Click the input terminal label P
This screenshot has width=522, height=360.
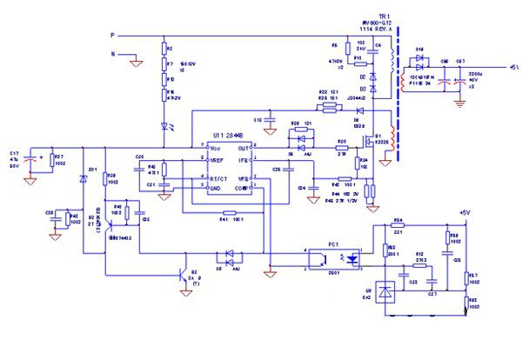pyautogui.click(x=111, y=36)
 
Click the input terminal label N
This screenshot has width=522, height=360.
pyautogui.click(x=111, y=54)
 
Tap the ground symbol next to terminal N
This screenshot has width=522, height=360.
pyautogui.click(x=136, y=62)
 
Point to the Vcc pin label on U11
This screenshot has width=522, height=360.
pyautogui.click(x=216, y=149)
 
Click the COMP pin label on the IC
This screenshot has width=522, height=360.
pyautogui.click(x=247, y=189)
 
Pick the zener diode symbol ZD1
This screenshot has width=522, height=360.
pyautogui.click(x=83, y=178)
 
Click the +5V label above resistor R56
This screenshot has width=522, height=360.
pyautogui.click(x=464, y=211)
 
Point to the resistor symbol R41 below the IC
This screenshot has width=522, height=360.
pyautogui.click(x=229, y=213)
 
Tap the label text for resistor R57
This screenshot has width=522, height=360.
pyautogui.click(x=474, y=277)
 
